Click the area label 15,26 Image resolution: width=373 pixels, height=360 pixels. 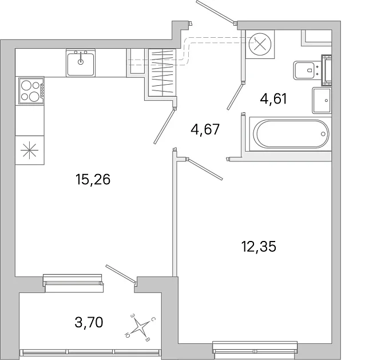click(x=93, y=180)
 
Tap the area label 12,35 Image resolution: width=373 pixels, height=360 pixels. click(x=259, y=247)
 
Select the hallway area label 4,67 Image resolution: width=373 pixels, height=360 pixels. click(x=205, y=130)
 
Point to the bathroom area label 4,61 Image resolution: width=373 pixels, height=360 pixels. click(x=273, y=98)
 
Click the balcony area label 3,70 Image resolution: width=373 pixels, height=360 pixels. click(x=89, y=323)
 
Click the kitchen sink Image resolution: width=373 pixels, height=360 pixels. click(x=81, y=63)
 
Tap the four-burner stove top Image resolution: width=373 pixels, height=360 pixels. click(x=31, y=90)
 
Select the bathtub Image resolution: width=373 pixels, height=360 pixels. click(x=291, y=134)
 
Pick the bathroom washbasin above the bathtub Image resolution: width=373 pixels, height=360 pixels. click(x=322, y=100)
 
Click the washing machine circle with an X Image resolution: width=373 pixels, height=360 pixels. click(x=260, y=44)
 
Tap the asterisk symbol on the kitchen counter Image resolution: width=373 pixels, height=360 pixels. click(x=30, y=150)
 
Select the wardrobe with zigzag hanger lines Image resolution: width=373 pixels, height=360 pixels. click(x=162, y=73)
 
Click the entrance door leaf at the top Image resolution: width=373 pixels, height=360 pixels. click(x=215, y=11)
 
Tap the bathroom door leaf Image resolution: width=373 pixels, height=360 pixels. click(x=235, y=96)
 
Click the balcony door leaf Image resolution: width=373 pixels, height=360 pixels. click(x=121, y=274)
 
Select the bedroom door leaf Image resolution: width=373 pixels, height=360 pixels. click(x=205, y=169)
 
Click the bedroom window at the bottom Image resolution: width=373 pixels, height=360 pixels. click(x=255, y=347)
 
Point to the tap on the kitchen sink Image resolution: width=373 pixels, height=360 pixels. click(x=81, y=58)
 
